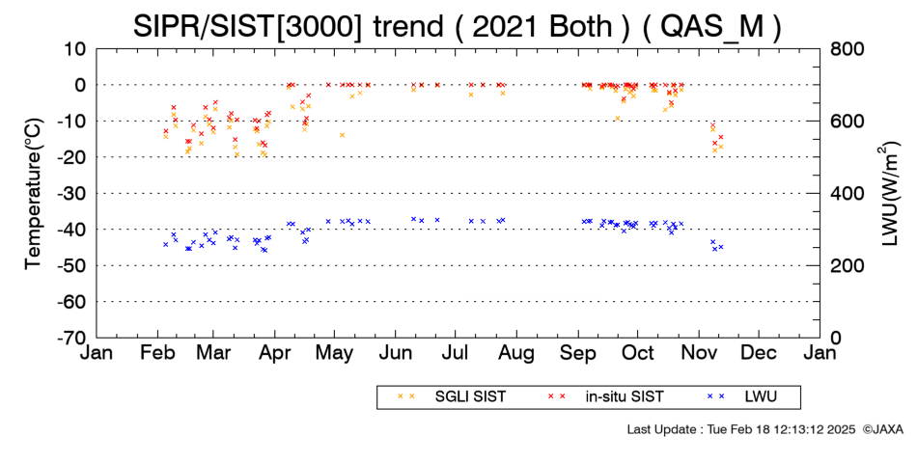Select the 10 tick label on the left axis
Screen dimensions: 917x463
click(76, 48)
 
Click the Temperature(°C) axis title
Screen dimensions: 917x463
click(34, 194)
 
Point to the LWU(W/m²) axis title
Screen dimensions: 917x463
click(889, 194)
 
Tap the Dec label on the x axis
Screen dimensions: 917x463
click(759, 353)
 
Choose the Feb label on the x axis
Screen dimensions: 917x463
click(158, 353)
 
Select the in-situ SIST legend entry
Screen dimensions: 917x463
click(605, 397)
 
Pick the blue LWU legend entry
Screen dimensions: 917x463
click(741, 397)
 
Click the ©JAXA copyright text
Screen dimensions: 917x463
click(882, 429)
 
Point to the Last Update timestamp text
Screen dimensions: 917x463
click(741, 429)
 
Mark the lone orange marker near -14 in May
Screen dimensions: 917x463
click(342, 135)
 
